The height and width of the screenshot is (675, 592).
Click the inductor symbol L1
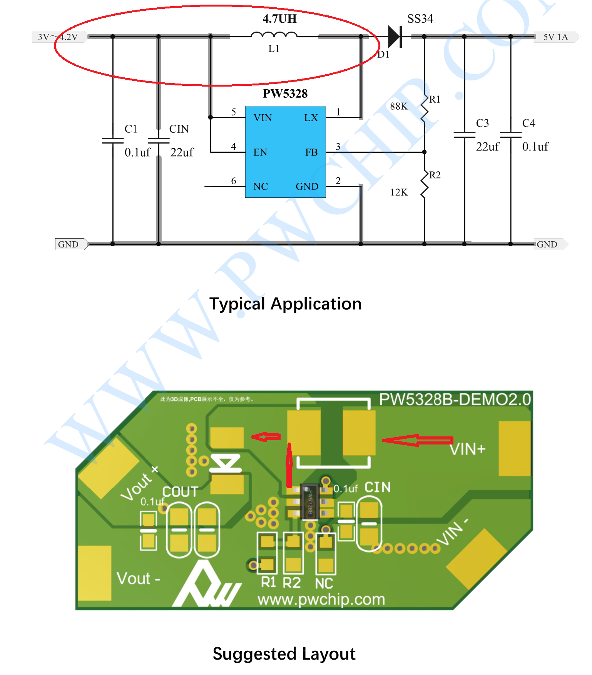click(274, 36)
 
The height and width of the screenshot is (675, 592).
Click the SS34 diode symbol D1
click(395, 37)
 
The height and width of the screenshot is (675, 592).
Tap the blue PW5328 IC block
click(285, 152)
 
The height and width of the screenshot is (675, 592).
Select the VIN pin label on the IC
click(263, 118)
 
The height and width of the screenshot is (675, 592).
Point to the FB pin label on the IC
click(311, 152)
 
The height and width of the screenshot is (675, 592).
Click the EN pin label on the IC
click(260, 152)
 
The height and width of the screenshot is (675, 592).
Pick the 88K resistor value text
click(398, 106)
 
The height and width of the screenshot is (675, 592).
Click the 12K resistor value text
click(399, 192)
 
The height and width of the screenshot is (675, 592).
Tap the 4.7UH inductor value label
click(279, 18)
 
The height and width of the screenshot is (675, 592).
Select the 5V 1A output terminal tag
click(555, 37)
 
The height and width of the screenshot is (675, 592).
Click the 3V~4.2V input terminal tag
click(58, 37)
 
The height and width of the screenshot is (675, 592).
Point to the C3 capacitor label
click(482, 123)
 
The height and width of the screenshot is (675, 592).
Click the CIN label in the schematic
click(179, 129)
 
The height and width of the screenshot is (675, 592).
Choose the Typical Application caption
click(285, 304)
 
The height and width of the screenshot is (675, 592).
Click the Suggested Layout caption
click(284, 654)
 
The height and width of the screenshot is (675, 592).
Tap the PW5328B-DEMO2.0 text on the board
click(455, 399)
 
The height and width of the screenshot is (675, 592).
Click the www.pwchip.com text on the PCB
click(321, 599)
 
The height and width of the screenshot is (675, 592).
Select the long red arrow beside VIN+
click(417, 440)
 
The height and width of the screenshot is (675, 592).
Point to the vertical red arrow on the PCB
click(289, 465)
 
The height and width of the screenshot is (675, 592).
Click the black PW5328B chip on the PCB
click(309, 501)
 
